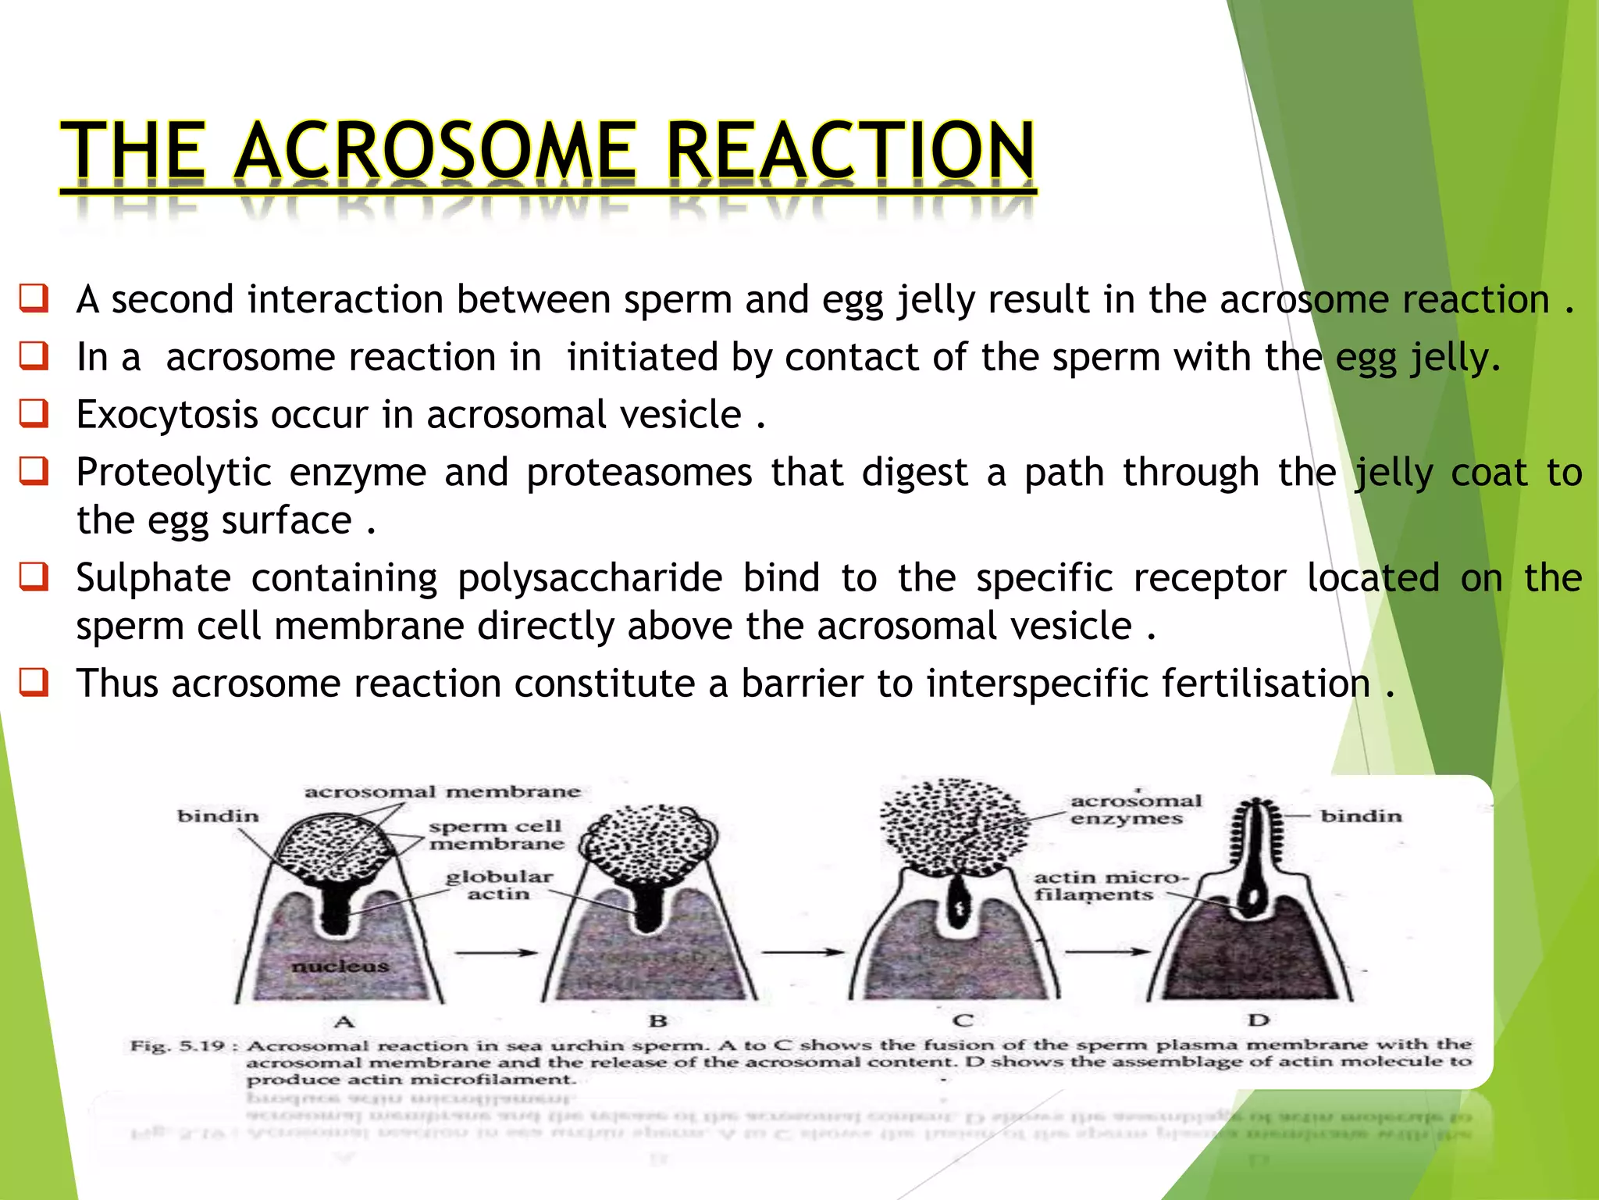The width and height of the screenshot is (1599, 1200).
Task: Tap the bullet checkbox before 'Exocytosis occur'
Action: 34,413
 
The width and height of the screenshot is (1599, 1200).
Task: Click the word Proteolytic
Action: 173,473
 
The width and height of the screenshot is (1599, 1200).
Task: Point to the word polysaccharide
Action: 589,578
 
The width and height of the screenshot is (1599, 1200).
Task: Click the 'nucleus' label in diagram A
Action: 340,966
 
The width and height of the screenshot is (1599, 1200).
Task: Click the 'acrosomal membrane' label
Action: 442,791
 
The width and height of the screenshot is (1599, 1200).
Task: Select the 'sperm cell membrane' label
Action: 496,834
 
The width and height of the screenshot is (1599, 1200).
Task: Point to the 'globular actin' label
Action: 499,885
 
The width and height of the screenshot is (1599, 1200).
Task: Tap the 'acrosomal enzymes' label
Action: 1134,809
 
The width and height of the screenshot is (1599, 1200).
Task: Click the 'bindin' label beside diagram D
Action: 1361,816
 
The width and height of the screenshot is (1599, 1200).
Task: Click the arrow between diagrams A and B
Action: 496,952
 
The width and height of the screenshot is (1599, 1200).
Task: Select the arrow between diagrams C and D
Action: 1107,952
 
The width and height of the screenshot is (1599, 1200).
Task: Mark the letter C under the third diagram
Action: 963,1020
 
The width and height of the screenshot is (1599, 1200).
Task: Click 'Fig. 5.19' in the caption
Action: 178,1045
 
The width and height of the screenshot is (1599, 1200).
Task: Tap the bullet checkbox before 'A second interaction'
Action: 34,298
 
